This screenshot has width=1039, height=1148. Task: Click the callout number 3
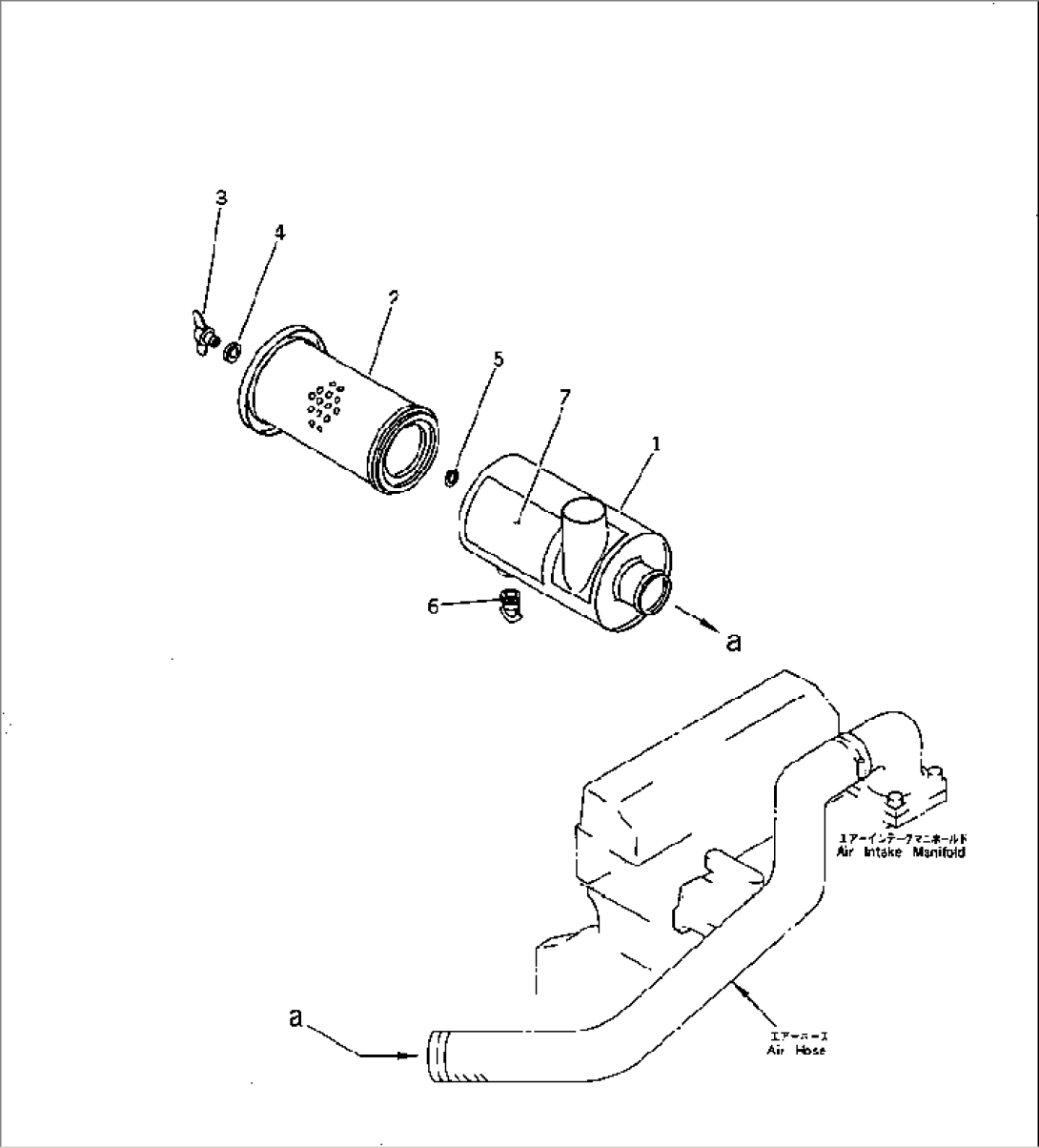[221, 198]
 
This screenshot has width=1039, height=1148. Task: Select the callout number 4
[280, 233]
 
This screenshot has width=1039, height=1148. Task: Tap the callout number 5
[498, 359]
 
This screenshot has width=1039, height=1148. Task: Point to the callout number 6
[434, 606]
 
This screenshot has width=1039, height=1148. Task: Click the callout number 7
[564, 398]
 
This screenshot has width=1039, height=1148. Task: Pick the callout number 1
[655, 444]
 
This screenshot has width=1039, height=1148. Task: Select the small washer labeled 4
[232, 355]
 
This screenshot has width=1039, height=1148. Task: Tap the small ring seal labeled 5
[452, 476]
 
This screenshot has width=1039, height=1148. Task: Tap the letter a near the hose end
[295, 1019]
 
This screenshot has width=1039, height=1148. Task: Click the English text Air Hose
[797, 1050]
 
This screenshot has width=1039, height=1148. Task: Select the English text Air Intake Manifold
[901, 852]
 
